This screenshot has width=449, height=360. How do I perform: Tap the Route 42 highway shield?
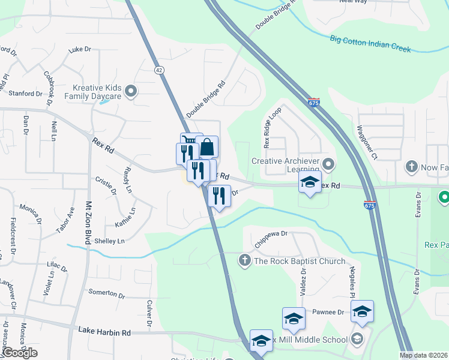coord(158,70)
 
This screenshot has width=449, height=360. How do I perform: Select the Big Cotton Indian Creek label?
coord(370,44)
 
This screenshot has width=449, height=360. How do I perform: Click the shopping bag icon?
coord(206,147)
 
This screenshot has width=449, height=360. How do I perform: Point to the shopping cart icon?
coord(191,142)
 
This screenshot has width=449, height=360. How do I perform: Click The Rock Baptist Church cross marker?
coord(244,260)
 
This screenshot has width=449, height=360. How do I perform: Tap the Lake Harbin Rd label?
coord(104,332)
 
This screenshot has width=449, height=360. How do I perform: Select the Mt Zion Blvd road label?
coord(88,221)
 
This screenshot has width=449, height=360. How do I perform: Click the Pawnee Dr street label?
coord(328,313)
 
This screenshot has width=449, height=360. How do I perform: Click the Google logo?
coord(19,353)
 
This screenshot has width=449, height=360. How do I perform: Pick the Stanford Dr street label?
coord(25,93)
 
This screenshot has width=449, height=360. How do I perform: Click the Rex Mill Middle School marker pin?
coord(358,340)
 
